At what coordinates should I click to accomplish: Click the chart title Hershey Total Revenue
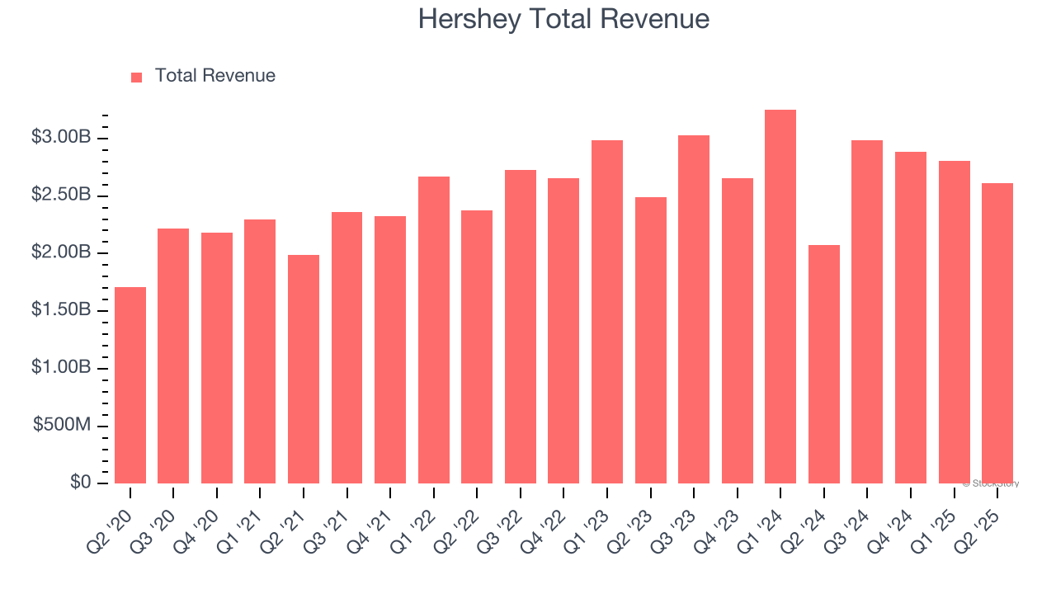pos(563,19)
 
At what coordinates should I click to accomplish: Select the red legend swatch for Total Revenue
pos(137,77)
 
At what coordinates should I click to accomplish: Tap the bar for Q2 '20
pos(130,385)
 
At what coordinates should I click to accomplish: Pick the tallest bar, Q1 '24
pos(780,297)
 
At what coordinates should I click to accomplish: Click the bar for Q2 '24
pos(824,364)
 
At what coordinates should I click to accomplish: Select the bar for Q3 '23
pos(694,309)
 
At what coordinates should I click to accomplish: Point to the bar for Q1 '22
pos(434,330)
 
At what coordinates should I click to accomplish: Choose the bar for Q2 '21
pos(304,369)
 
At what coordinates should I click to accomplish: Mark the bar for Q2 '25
pos(997,333)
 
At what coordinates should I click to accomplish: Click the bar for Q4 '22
pos(563,331)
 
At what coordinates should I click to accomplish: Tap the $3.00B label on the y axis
pos(60,137)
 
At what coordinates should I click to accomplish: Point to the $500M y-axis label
pos(62,425)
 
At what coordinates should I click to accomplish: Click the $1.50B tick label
pos(60,310)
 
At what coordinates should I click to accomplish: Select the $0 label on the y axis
pos(80,483)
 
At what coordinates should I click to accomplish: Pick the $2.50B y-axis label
pos(60,195)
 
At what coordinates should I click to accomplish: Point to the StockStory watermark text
pos(991,483)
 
